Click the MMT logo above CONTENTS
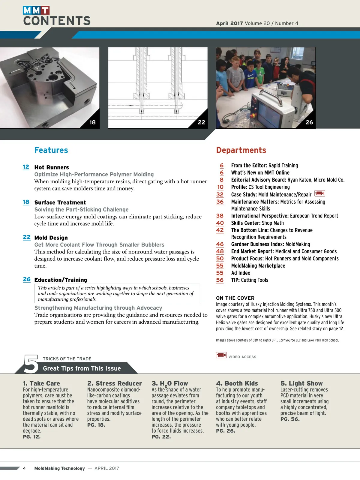click(x=36, y=10)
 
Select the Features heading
click(x=51, y=150)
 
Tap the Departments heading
click(x=241, y=150)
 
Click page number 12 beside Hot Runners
click(x=26, y=167)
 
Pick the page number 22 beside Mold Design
click(x=27, y=237)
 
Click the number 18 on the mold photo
click(x=92, y=122)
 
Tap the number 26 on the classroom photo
click(x=309, y=122)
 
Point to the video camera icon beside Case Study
click(x=320, y=193)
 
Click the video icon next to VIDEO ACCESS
click(x=221, y=355)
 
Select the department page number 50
click(x=220, y=259)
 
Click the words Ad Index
click(x=241, y=273)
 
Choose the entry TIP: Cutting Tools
click(x=250, y=280)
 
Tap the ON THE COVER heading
click(x=235, y=298)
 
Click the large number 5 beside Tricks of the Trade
click(x=31, y=364)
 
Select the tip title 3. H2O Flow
click(x=170, y=384)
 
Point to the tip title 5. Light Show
click(x=301, y=384)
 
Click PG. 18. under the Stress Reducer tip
click(x=96, y=425)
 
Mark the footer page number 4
click(x=24, y=468)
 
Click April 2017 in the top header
click(x=229, y=23)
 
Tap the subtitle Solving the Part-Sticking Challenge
click(x=81, y=210)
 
